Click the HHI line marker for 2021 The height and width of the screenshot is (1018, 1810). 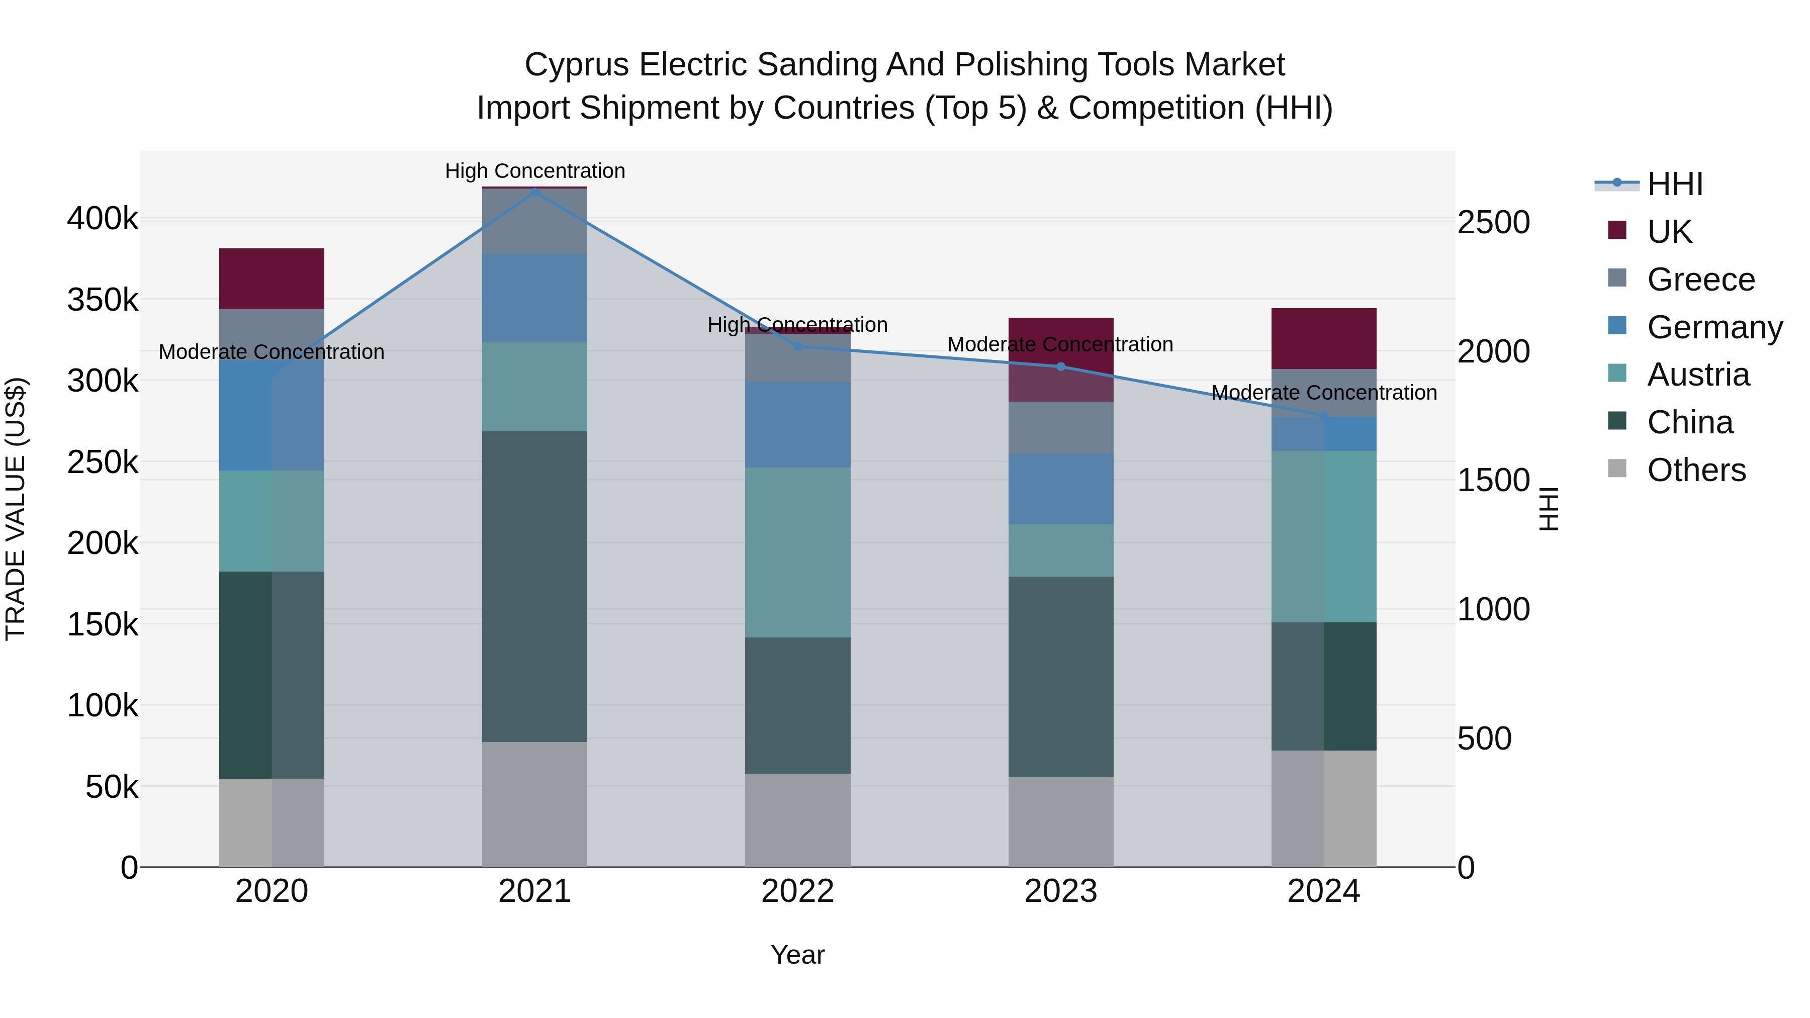pyautogui.click(x=535, y=192)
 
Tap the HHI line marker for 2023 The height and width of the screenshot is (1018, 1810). pyautogui.click(x=1061, y=367)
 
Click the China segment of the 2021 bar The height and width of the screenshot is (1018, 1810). pyautogui.click(x=535, y=587)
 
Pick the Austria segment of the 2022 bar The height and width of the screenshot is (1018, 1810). pyautogui.click(x=797, y=553)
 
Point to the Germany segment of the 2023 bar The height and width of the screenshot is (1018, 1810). pyautogui.click(x=1061, y=489)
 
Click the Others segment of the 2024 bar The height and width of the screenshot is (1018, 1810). pyautogui.click(x=1324, y=809)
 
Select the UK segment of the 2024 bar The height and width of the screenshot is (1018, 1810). pyautogui.click(x=1324, y=339)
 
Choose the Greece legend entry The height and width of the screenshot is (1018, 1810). pyautogui.click(x=1700, y=280)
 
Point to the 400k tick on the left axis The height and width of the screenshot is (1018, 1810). pyautogui.click(x=103, y=219)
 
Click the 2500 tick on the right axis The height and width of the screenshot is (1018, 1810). pyautogui.click(x=1493, y=223)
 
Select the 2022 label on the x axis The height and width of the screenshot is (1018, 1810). pyautogui.click(x=797, y=891)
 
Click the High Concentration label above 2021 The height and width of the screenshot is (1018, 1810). pyautogui.click(x=535, y=171)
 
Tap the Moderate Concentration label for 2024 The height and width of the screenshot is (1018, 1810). pyautogui.click(x=1324, y=393)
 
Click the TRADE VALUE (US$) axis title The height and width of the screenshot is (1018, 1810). pyautogui.click(x=16, y=509)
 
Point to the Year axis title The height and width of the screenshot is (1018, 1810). pyautogui.click(x=797, y=955)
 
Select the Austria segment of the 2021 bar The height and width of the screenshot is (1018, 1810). pyautogui.click(x=535, y=387)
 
